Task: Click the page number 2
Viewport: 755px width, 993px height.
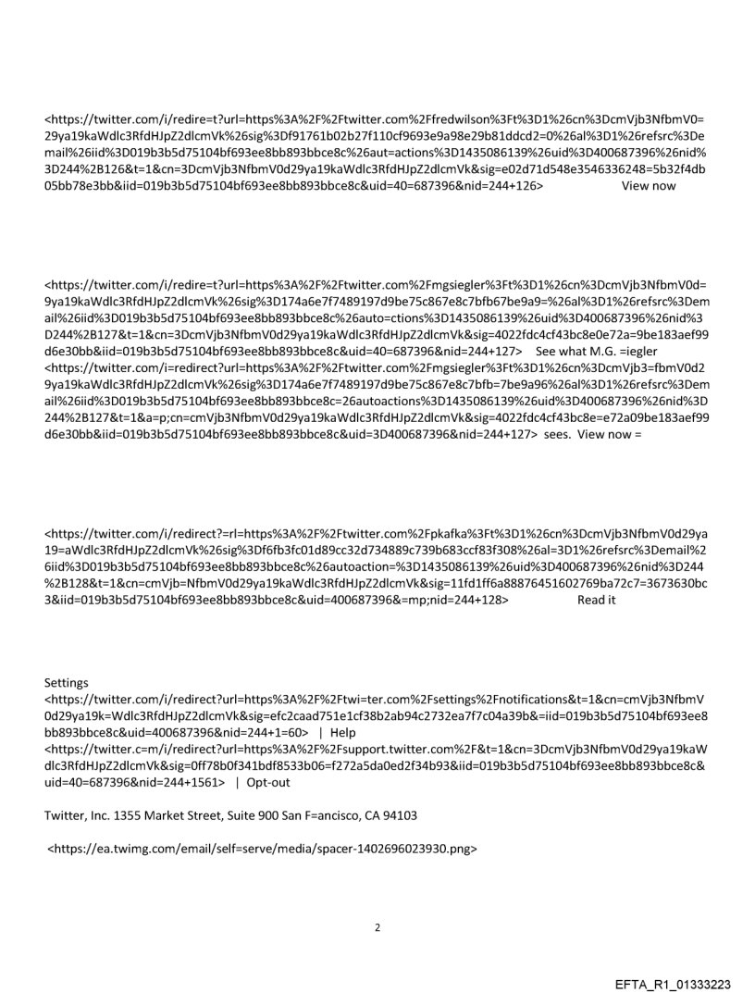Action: click(377, 926)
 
